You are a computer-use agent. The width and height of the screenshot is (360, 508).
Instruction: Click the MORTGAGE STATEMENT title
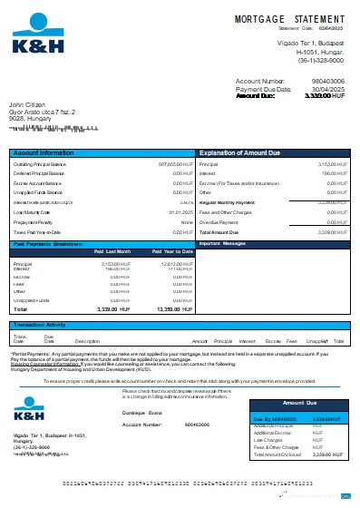(291, 18)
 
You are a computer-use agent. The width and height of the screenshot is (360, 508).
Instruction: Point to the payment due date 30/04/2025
(327, 87)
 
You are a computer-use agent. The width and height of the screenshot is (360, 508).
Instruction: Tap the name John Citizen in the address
(27, 104)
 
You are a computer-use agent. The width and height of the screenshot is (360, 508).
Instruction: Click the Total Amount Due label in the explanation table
(219, 233)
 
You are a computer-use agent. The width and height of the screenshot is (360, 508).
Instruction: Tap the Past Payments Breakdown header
(50, 244)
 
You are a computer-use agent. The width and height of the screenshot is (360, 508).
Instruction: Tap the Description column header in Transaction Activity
(87, 340)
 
